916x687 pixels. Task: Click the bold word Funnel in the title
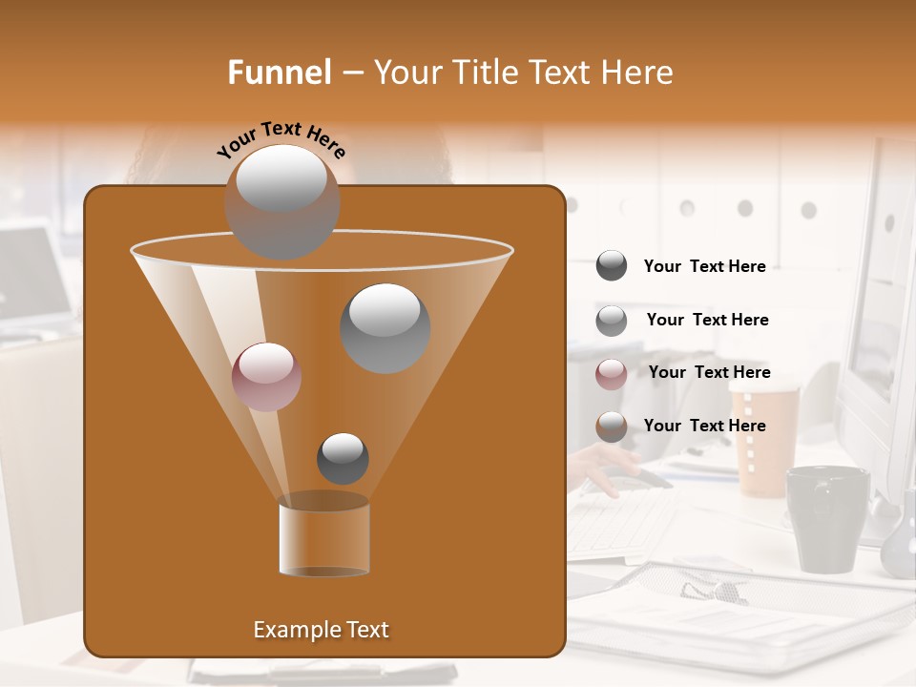(x=280, y=72)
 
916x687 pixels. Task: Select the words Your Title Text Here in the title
(x=523, y=72)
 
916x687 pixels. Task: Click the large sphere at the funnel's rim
(x=281, y=201)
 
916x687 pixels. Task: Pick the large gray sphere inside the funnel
(x=385, y=328)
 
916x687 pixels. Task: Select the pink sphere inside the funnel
(x=266, y=377)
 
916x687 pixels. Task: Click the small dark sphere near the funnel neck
(x=343, y=459)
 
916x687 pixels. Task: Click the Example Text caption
(x=321, y=630)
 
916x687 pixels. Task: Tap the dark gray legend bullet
(x=611, y=266)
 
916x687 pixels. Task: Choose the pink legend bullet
(x=611, y=374)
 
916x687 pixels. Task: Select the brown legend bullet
(x=611, y=427)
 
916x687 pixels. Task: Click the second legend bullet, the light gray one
(x=611, y=321)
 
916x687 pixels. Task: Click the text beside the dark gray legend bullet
(x=704, y=267)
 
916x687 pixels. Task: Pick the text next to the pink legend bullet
(x=709, y=372)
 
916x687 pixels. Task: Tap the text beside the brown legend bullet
(x=704, y=426)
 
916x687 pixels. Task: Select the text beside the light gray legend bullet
(x=707, y=320)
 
